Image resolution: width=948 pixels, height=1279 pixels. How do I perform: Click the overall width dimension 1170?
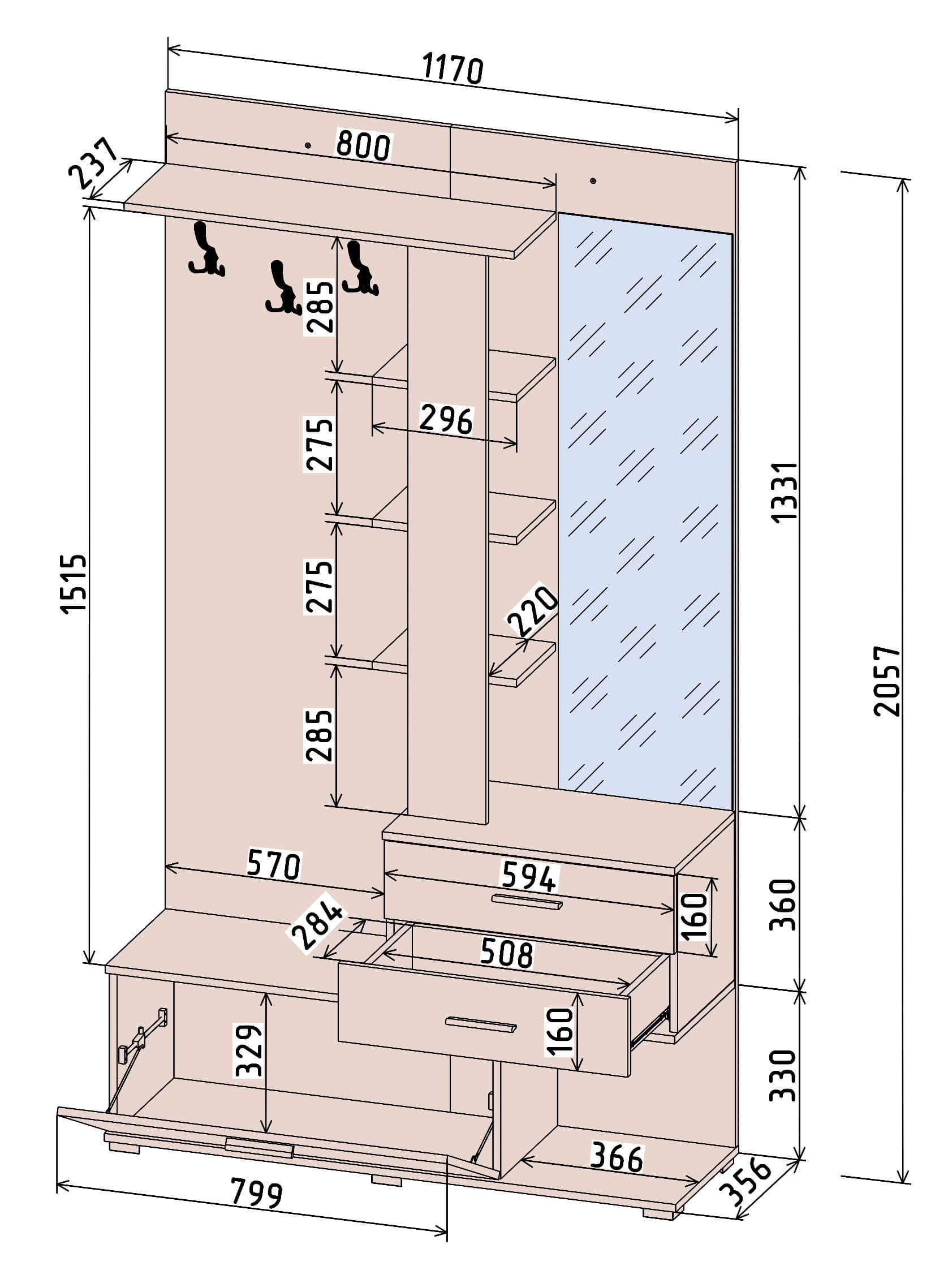(x=453, y=68)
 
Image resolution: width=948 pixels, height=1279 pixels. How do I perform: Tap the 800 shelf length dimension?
(x=363, y=145)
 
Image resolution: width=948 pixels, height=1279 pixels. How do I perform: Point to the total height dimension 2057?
(x=886, y=681)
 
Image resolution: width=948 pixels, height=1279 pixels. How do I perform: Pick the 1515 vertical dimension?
(x=75, y=584)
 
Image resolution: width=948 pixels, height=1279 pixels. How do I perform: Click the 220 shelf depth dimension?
(x=532, y=611)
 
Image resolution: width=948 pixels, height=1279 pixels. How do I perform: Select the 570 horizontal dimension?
(x=274, y=865)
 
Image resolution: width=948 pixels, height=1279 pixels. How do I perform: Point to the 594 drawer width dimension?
(x=528, y=876)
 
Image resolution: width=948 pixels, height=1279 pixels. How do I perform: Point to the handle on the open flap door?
(x=260, y=1147)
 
